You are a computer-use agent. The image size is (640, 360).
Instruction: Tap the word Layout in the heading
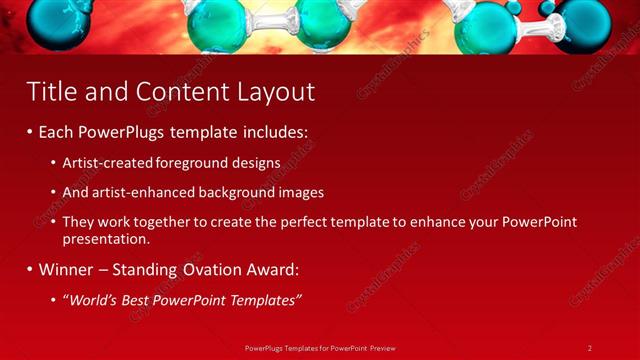tap(275, 92)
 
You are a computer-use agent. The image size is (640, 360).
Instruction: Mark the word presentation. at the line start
tap(105, 240)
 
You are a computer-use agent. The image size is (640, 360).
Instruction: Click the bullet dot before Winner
tap(30, 270)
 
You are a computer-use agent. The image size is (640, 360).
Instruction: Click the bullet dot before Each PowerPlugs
tap(30, 132)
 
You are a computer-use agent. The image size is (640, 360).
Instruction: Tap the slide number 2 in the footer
tap(590, 347)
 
